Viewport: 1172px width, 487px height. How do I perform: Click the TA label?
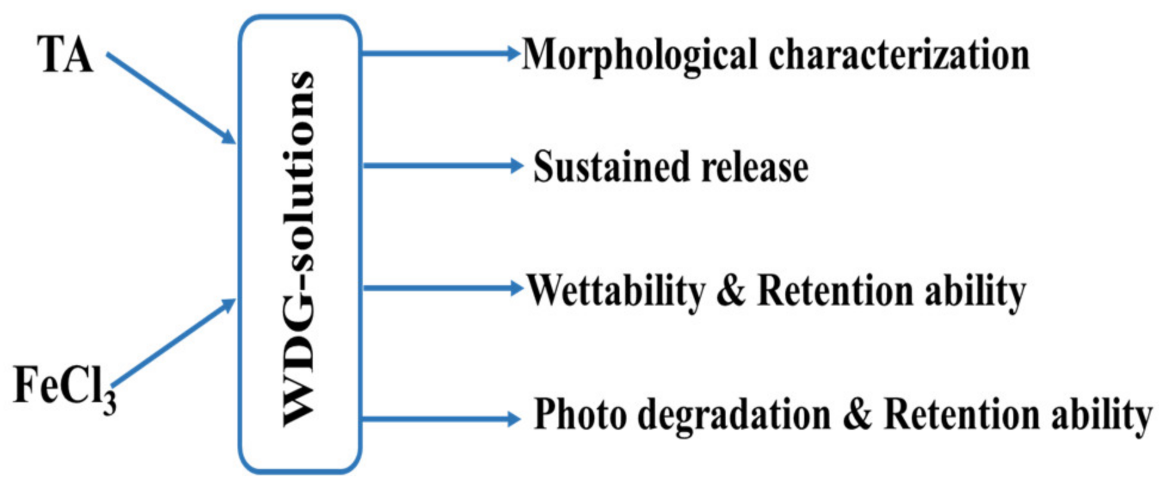coord(65,54)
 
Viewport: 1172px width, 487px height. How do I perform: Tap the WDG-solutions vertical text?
coord(298,248)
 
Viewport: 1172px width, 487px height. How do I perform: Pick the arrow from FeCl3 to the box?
coord(173,343)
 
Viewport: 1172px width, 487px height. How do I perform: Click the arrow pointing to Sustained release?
coord(442,165)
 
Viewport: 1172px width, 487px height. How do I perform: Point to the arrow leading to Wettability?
coord(442,288)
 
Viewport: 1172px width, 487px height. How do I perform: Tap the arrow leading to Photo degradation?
coord(440,418)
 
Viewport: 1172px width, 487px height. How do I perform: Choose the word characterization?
coord(899,56)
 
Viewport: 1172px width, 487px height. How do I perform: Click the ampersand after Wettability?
coord(731,291)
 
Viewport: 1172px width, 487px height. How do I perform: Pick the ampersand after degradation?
coord(857,414)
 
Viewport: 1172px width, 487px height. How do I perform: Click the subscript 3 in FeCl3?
coord(109,402)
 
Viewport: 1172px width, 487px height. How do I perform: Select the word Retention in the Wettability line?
coord(835,291)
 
